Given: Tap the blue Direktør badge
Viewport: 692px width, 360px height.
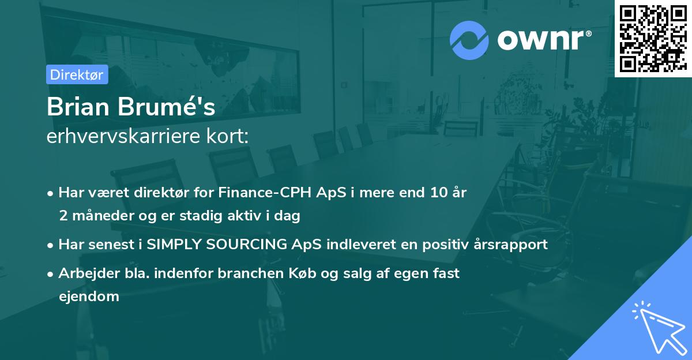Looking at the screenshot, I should (x=77, y=74).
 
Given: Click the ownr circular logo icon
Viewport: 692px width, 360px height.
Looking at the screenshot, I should (x=469, y=40).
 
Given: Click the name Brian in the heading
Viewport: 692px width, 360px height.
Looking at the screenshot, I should (x=79, y=107).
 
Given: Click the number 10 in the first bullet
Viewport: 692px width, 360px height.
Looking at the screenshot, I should (x=434, y=193).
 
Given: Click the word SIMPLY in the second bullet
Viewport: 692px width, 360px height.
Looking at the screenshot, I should (x=172, y=245).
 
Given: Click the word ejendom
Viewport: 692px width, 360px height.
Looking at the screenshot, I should (x=89, y=297).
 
